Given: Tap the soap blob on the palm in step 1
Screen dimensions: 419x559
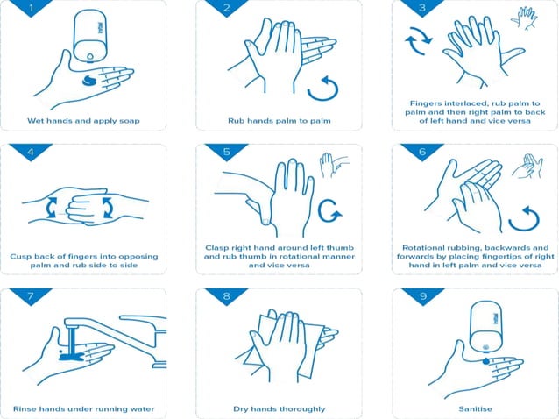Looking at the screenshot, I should [89, 81].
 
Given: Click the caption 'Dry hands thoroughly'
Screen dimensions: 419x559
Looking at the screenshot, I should [279, 408].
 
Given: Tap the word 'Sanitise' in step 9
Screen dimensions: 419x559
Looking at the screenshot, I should [474, 408].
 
